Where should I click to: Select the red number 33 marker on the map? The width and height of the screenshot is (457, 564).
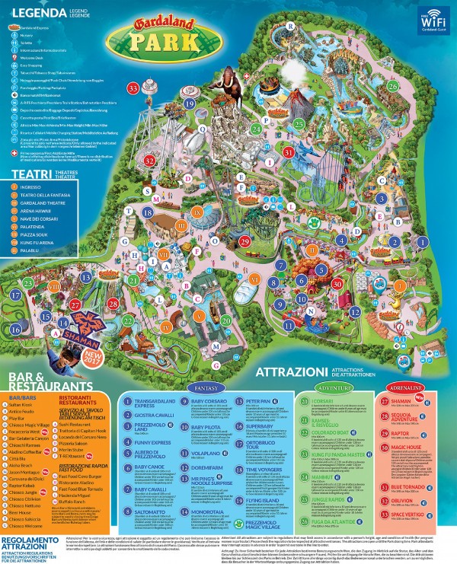133,89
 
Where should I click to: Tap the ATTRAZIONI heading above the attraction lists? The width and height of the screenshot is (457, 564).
295,372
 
